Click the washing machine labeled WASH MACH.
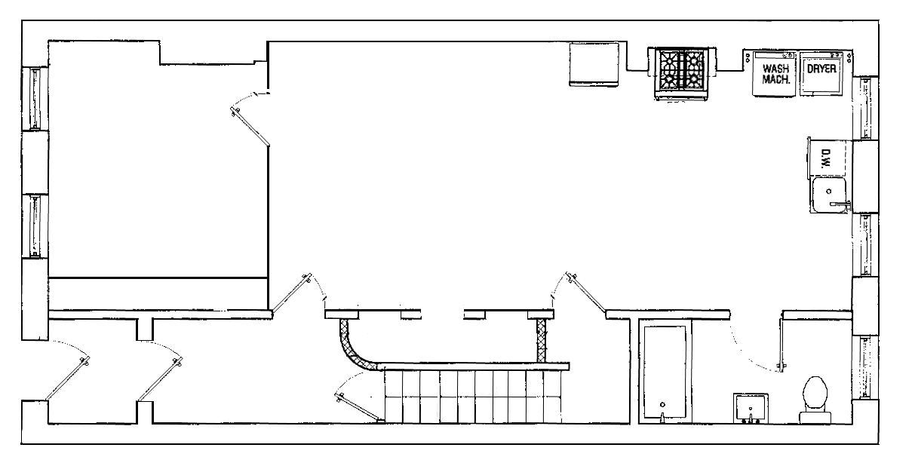774,72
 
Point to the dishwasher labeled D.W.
826,158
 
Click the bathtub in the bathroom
662,371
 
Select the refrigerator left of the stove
595,65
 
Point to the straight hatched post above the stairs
541,340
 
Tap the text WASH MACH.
774,72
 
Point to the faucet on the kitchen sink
837,204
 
